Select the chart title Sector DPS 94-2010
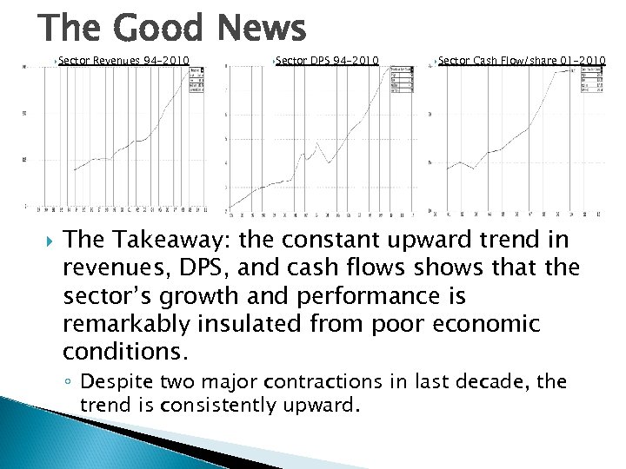(x=327, y=60)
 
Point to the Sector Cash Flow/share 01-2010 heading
(x=522, y=60)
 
